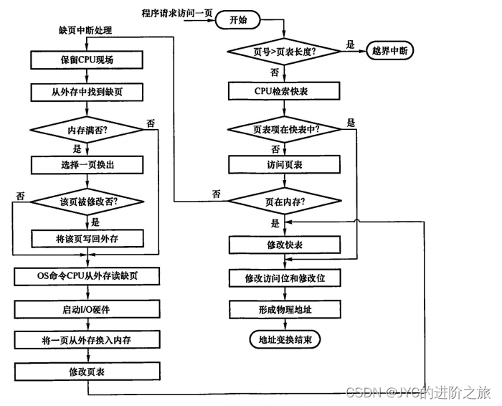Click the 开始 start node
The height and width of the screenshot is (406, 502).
click(x=237, y=19)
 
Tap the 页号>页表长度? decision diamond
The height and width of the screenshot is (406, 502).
click(x=285, y=52)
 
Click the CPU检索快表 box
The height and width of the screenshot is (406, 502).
click(x=285, y=90)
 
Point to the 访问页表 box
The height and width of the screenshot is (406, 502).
click(x=285, y=164)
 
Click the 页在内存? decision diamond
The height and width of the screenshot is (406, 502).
click(x=285, y=202)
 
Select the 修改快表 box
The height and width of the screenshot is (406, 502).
click(x=285, y=245)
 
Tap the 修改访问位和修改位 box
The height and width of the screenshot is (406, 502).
click(x=285, y=277)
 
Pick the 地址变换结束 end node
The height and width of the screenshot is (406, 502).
click(x=285, y=338)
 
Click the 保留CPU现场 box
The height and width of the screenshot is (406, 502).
click(x=87, y=59)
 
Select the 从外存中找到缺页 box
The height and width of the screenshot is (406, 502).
click(x=87, y=92)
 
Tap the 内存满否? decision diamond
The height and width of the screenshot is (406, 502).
click(x=87, y=131)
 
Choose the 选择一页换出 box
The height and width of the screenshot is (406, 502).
click(x=87, y=164)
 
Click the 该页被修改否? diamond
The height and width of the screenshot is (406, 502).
click(x=87, y=202)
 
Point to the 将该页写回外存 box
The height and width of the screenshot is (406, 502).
click(x=87, y=237)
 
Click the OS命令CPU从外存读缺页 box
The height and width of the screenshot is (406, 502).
click(x=87, y=276)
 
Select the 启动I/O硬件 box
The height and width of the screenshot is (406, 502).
click(x=87, y=308)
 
